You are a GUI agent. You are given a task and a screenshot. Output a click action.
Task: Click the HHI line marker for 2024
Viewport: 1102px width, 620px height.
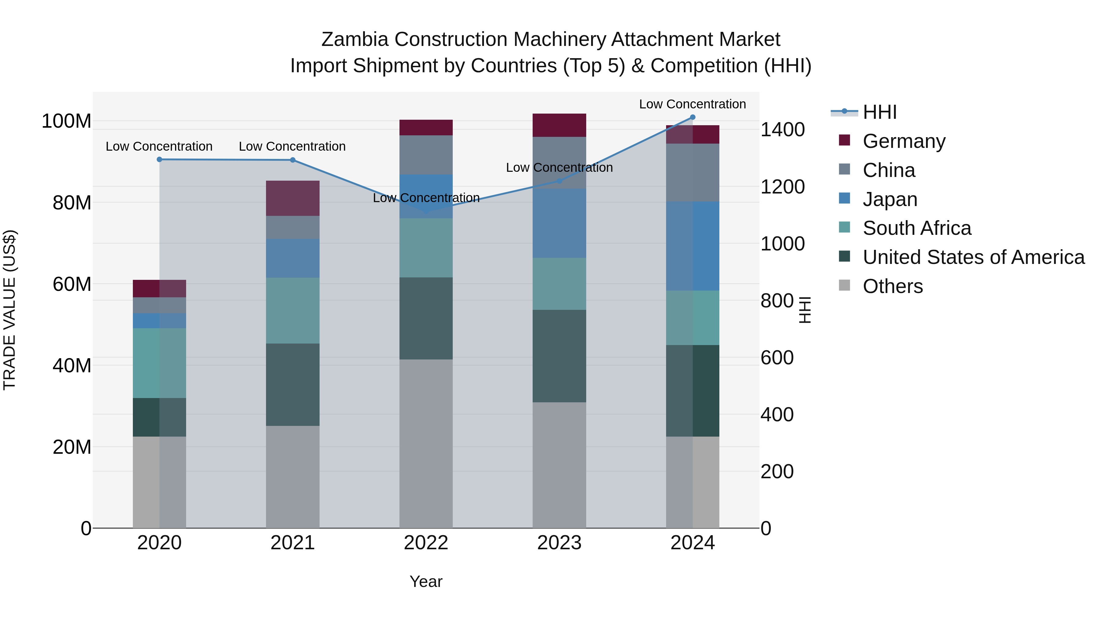[693, 117]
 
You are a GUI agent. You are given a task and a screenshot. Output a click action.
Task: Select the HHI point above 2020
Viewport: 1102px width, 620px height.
[159, 159]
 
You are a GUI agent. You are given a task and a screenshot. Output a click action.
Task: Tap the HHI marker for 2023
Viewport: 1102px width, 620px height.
[559, 181]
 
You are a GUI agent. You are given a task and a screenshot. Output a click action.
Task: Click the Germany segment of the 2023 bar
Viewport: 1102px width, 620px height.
[559, 125]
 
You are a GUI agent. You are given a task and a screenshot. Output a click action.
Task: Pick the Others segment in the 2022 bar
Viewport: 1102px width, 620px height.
[426, 443]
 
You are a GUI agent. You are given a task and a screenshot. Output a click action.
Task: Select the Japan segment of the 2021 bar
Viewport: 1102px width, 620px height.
[293, 258]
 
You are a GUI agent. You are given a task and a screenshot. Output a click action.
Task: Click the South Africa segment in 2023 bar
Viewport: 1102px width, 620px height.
[559, 284]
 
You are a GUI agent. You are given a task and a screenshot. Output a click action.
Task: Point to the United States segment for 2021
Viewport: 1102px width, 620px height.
[293, 384]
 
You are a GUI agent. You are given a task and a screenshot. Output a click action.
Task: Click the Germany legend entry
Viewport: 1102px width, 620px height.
[904, 141]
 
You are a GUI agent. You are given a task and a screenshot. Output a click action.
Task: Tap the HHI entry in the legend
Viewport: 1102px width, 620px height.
[879, 112]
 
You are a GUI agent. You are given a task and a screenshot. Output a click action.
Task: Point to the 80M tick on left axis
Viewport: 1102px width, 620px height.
[72, 203]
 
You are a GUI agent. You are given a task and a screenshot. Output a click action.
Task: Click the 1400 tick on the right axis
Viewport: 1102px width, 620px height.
[782, 130]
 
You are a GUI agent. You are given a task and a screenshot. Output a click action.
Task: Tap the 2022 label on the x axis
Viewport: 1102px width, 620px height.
[426, 543]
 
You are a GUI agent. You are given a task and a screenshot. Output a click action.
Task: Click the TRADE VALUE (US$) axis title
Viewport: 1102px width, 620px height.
[9, 310]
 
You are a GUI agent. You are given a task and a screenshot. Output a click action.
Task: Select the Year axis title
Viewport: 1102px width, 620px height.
[426, 581]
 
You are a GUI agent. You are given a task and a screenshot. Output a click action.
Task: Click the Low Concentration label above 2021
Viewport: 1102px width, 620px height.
[292, 146]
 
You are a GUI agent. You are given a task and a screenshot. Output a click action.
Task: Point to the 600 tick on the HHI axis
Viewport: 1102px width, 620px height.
[777, 358]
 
